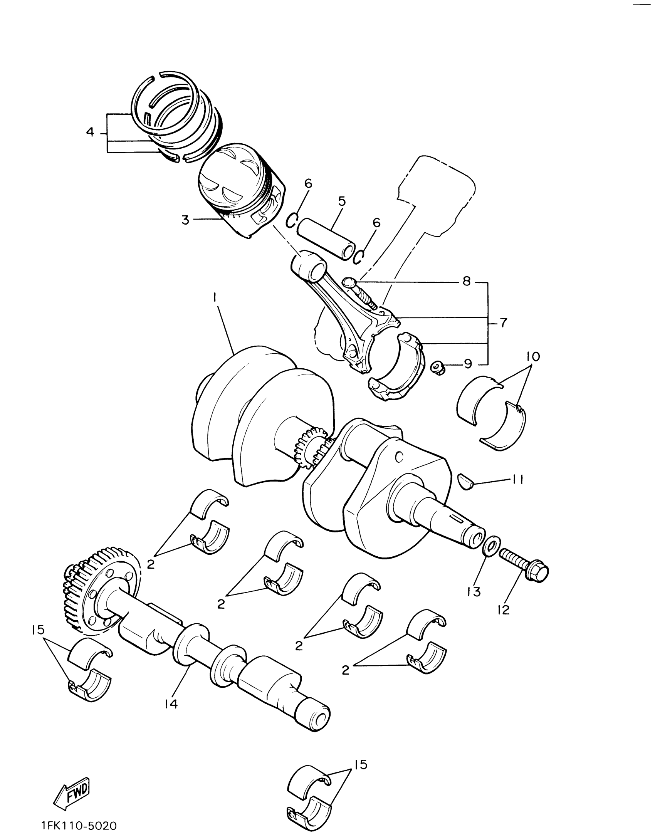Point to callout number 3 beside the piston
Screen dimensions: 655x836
tap(186, 220)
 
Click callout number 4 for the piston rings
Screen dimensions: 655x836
tap(90, 133)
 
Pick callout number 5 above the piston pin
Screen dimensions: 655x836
tap(342, 201)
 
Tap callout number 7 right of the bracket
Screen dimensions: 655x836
tap(503, 322)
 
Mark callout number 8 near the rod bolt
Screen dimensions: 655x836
tap(467, 281)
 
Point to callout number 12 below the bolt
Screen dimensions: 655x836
tap(504, 609)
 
